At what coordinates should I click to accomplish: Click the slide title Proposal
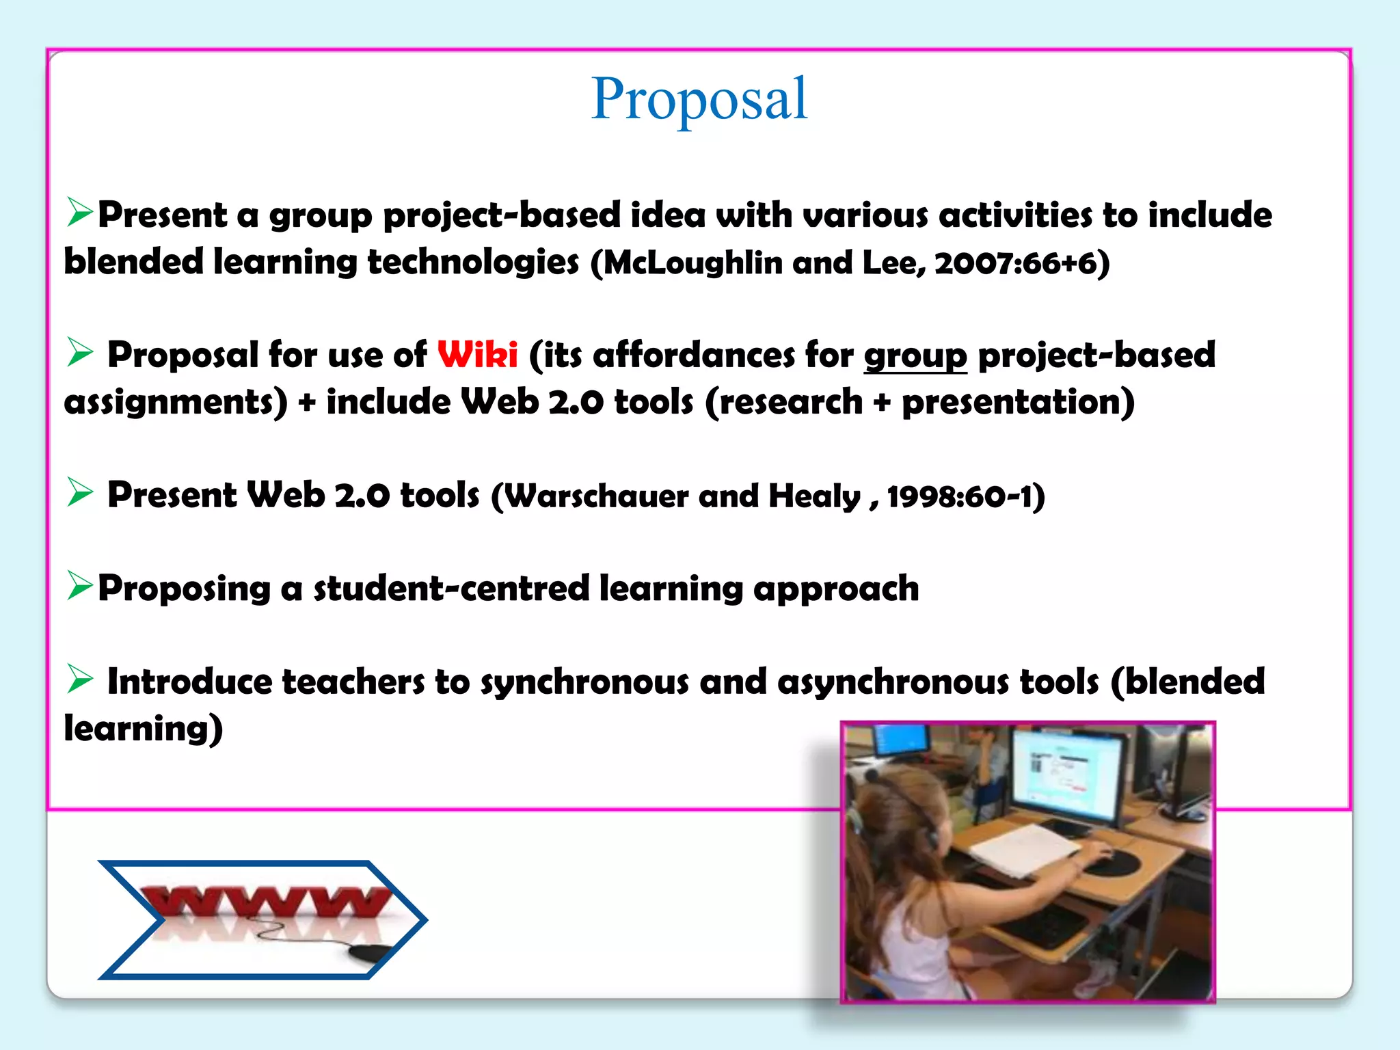click(699, 100)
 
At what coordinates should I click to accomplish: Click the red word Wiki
click(477, 355)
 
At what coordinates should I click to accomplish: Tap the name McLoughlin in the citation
click(693, 263)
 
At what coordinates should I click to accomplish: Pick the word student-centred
click(451, 589)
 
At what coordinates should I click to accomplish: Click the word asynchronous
click(892, 682)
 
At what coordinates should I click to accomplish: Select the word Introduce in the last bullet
click(189, 682)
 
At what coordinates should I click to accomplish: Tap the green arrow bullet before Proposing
click(79, 586)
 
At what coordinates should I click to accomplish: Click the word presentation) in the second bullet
click(1018, 402)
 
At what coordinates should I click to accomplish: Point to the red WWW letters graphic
click(267, 902)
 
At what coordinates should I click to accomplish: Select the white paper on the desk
click(1025, 848)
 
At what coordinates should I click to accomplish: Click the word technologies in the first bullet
click(473, 263)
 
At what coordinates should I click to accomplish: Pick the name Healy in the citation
click(814, 496)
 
